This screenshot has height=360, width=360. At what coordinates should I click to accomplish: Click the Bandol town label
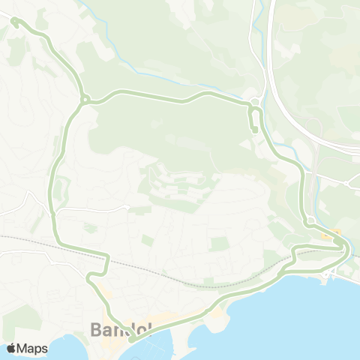click(x=120, y=329)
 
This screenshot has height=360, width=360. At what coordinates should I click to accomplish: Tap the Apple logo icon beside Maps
click(x=11, y=348)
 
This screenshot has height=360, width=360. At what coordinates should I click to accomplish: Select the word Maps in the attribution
click(x=33, y=348)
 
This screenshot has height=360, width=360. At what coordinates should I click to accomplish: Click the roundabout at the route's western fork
click(x=85, y=98)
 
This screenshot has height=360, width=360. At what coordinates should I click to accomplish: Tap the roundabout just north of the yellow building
click(x=310, y=220)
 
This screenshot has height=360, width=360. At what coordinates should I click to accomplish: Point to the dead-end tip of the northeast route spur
click(x=255, y=131)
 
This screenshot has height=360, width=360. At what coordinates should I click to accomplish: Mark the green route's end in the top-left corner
click(x=13, y=22)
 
